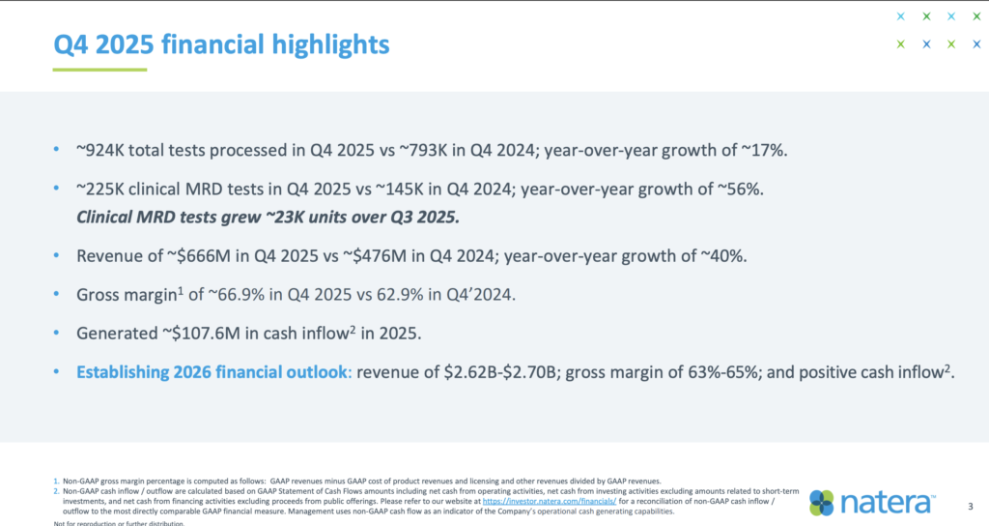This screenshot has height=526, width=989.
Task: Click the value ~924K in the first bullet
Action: [99, 151]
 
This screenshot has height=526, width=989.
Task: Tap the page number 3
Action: [970, 506]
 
